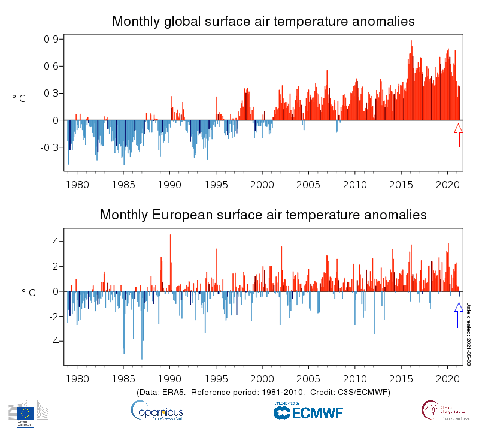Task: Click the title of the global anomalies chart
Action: click(x=263, y=22)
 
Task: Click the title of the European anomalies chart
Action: click(x=263, y=215)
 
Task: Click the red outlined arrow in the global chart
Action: click(x=458, y=135)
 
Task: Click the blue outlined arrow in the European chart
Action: click(x=459, y=315)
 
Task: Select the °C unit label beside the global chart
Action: click(x=19, y=98)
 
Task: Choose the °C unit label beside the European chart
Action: click(x=29, y=292)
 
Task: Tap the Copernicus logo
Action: click(x=157, y=411)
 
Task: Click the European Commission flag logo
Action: click(x=25, y=412)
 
